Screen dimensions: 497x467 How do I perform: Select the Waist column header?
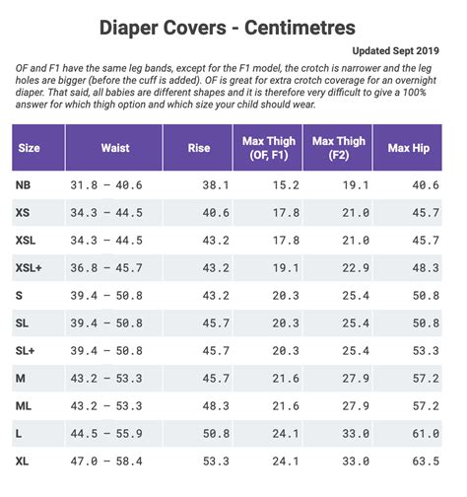[x=114, y=149]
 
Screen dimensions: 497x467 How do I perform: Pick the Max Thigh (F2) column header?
[x=338, y=149]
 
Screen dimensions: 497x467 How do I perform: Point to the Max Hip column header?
[x=412, y=149]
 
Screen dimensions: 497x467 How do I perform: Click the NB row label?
[x=24, y=185]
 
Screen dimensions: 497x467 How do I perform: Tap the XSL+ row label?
[x=30, y=267]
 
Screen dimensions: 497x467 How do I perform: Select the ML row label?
[x=24, y=405]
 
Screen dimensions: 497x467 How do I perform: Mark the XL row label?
[x=24, y=461]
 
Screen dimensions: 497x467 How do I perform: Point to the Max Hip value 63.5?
[x=426, y=461]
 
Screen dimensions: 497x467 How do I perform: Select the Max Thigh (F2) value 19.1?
[x=355, y=185]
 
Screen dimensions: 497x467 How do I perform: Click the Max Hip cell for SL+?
[x=426, y=350]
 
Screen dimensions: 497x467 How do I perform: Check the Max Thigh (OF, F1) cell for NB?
[x=286, y=185]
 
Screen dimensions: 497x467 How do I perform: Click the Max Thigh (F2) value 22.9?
[x=355, y=267]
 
